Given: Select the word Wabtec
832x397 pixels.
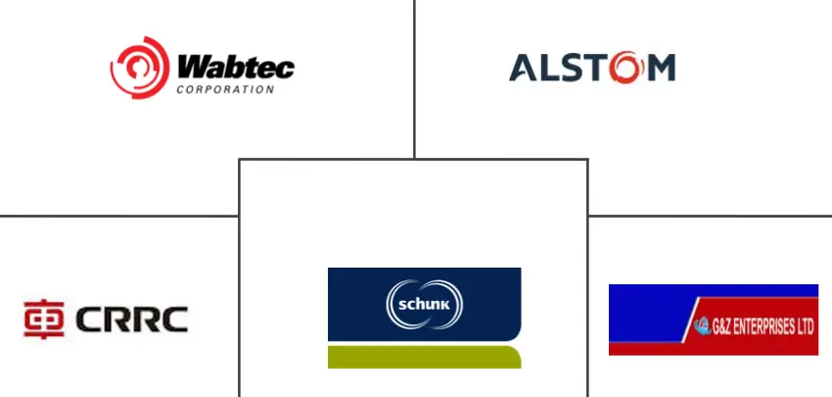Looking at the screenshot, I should tap(236, 68).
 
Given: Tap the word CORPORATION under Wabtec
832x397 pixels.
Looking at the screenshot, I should tap(224, 89).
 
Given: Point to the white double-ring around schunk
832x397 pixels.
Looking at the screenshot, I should tap(425, 284).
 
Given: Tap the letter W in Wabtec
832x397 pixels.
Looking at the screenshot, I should tap(191, 68).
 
